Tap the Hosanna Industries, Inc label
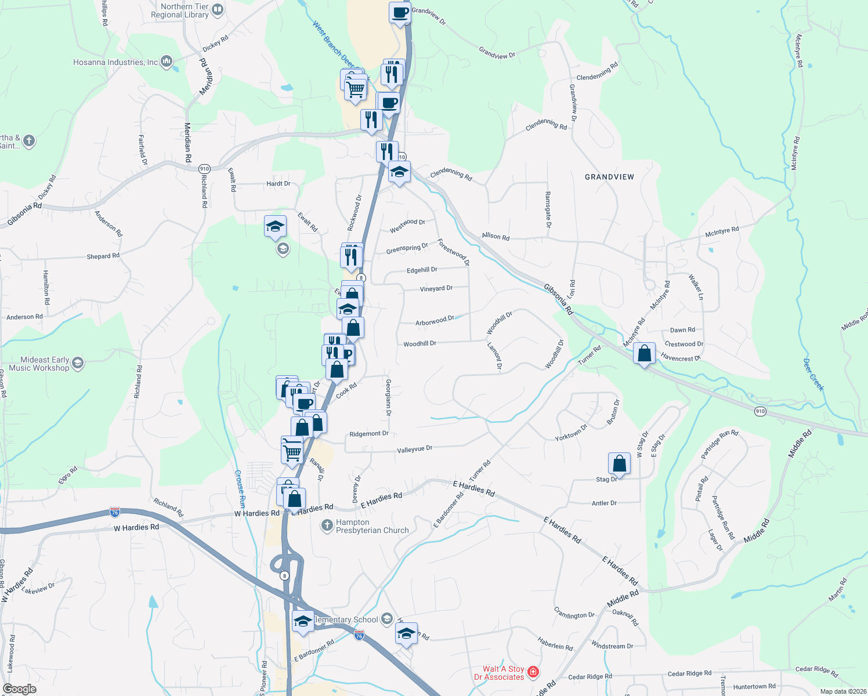[115, 62]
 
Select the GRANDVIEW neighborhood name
[609, 177]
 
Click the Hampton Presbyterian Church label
[372, 526]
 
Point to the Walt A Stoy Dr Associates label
[499, 673]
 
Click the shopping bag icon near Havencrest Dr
[644, 353]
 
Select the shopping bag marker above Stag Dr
[619, 463]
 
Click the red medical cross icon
[533, 672]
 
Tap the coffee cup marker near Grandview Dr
[399, 12]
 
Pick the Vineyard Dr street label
[436, 288]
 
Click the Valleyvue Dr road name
[414, 449]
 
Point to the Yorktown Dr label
[571, 433]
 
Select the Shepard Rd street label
[103, 256]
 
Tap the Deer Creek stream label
[813, 375]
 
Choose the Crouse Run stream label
[240, 488]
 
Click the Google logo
[20, 689]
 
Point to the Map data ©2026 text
[843, 691]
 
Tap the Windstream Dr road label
[612, 646]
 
